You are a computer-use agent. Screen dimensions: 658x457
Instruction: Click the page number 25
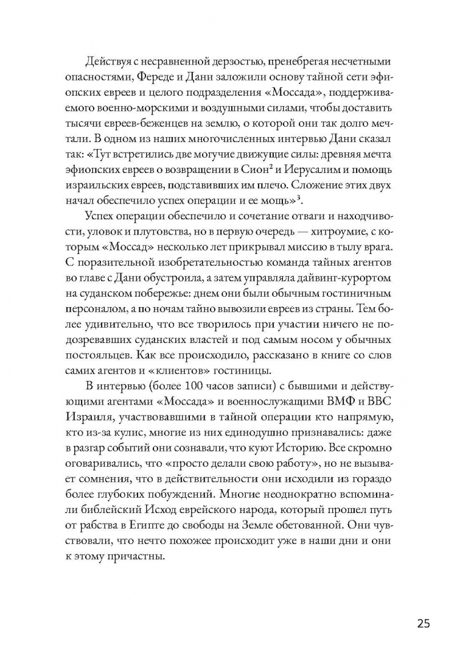tap(424, 623)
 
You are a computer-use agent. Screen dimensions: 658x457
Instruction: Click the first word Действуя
tap(107, 62)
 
